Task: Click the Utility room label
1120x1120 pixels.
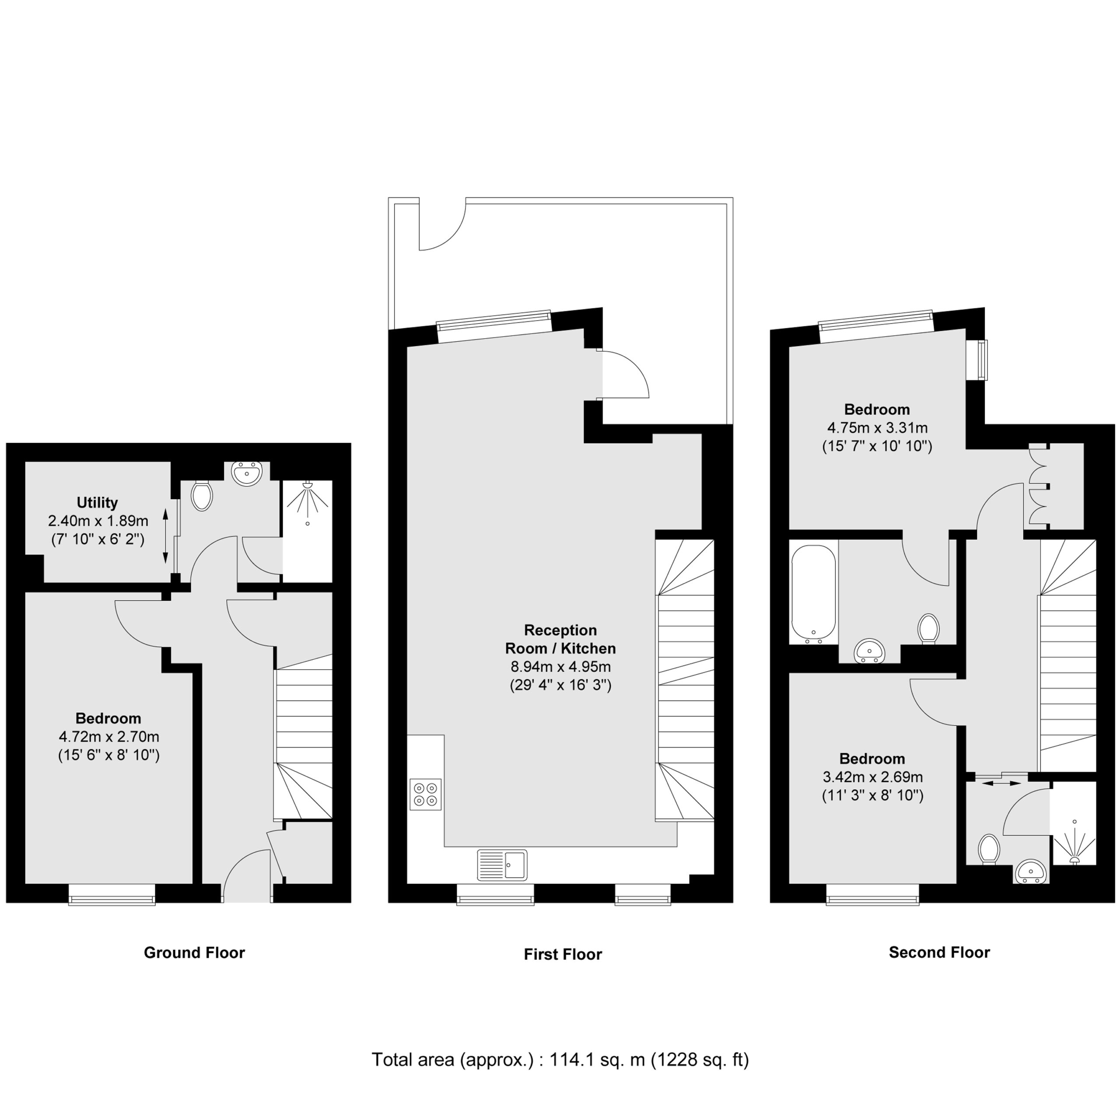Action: pyautogui.click(x=98, y=503)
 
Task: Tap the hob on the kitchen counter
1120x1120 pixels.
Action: pyautogui.click(x=426, y=794)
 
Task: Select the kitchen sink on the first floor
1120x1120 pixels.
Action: pyautogui.click(x=502, y=865)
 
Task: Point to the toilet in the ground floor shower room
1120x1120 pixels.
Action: pyautogui.click(x=202, y=496)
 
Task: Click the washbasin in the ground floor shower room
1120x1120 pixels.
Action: pyautogui.click(x=247, y=473)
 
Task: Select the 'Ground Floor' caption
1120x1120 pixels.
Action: pyautogui.click(x=194, y=952)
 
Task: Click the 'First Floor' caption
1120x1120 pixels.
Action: pyautogui.click(x=563, y=954)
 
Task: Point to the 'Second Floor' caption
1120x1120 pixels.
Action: pyautogui.click(x=939, y=952)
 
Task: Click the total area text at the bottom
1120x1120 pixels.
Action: pyautogui.click(x=560, y=1060)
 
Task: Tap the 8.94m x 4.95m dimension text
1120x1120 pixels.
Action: pyautogui.click(x=560, y=667)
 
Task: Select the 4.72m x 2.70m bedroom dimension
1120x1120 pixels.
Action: pyautogui.click(x=109, y=737)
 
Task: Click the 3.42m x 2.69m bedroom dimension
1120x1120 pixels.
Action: pyautogui.click(x=872, y=777)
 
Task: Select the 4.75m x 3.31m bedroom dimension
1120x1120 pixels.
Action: pyautogui.click(x=877, y=428)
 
